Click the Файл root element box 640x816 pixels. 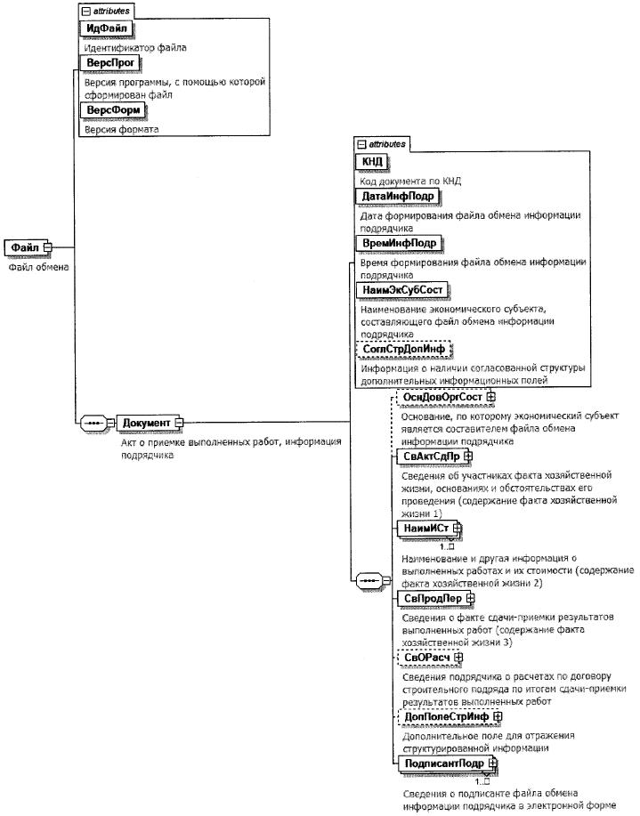(x=26, y=246)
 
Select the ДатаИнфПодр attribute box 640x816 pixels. (x=396, y=197)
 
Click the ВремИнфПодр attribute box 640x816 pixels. (x=398, y=243)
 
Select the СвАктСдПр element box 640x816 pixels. (x=425, y=456)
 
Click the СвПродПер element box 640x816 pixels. (x=425, y=598)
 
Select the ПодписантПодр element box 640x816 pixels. (x=438, y=763)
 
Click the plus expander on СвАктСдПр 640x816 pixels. (x=469, y=456)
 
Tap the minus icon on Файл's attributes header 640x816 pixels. (x=85, y=12)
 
